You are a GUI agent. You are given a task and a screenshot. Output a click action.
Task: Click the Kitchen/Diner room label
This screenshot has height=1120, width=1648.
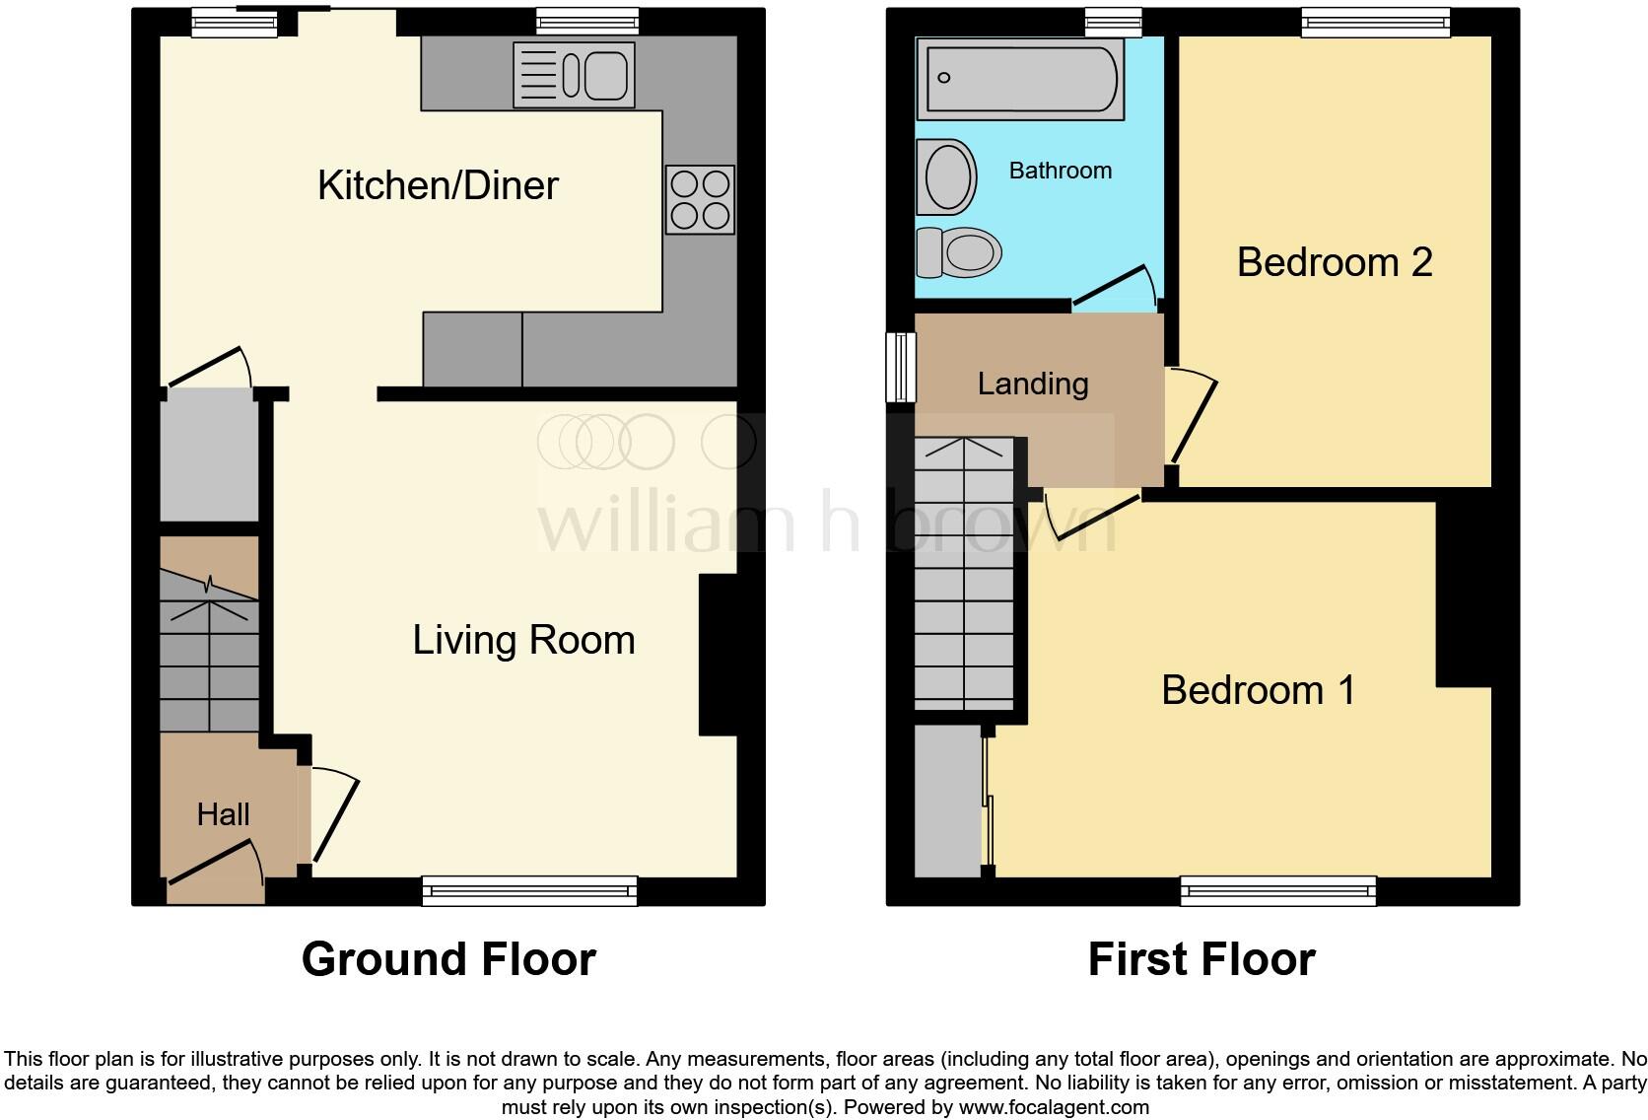438,185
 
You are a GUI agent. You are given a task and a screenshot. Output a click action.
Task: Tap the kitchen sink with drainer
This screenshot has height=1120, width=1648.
573,74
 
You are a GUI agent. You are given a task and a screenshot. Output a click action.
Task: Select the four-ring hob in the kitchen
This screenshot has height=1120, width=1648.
700,199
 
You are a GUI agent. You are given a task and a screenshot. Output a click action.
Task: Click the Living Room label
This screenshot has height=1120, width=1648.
523,640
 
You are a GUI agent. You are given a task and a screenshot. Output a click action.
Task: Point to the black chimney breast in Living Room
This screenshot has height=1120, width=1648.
718,655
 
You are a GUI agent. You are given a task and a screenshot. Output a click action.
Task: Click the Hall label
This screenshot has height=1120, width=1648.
223,814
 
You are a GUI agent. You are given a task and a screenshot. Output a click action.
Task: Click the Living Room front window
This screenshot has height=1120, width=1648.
529,891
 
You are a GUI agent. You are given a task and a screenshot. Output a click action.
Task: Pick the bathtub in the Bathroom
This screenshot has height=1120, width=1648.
1019,79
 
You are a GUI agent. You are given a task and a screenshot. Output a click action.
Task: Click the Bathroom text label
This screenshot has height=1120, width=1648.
1060,171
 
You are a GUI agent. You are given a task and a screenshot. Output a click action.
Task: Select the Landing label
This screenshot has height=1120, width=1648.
1032,384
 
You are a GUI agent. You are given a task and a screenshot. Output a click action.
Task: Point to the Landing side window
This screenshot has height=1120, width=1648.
900,368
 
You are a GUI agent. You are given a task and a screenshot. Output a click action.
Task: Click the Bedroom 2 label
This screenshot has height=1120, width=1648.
1334,262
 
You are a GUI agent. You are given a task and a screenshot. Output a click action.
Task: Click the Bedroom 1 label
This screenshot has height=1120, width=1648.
1258,690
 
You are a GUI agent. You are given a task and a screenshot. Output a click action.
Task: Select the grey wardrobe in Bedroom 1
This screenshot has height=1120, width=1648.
947,802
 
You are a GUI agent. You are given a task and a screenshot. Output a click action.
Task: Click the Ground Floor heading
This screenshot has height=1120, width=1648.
448,959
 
